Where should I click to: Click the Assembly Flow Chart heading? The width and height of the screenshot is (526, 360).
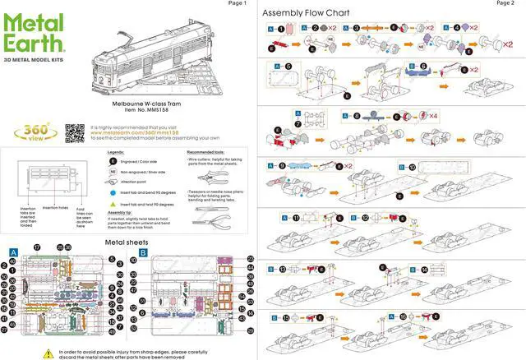(x=305, y=13)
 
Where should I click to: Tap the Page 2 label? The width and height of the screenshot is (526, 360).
(x=505, y=3)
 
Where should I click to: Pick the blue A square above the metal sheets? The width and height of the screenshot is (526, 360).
(x=14, y=252)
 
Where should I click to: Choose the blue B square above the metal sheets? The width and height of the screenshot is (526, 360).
(x=144, y=252)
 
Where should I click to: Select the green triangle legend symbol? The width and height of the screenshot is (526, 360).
(x=112, y=203)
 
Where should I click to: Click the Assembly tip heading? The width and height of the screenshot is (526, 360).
(x=120, y=212)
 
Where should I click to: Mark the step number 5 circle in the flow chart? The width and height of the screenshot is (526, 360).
(x=288, y=65)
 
